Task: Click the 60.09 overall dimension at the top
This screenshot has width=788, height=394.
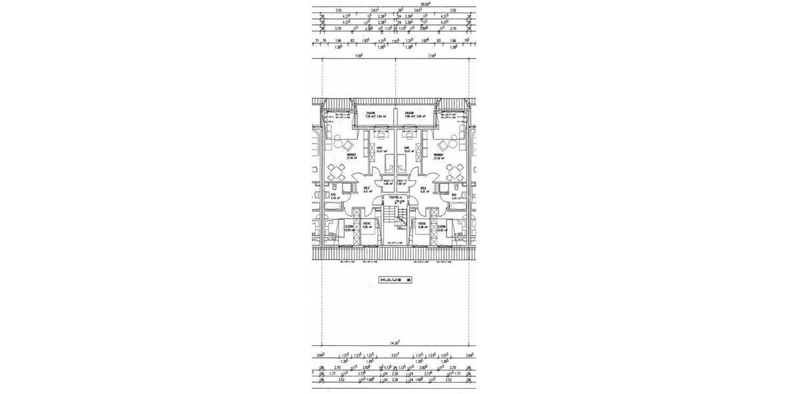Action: click(395, 3)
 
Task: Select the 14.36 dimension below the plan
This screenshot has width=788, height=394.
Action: click(395, 343)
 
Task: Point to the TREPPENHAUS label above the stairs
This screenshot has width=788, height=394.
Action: click(395, 196)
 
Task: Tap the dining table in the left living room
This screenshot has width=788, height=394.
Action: click(338, 173)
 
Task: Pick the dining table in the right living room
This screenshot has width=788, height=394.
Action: click(452, 173)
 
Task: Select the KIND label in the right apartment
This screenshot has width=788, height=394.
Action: click(407, 148)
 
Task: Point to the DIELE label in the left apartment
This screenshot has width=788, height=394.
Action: click(366, 188)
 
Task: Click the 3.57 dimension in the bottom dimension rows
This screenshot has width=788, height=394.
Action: click(395, 355)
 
